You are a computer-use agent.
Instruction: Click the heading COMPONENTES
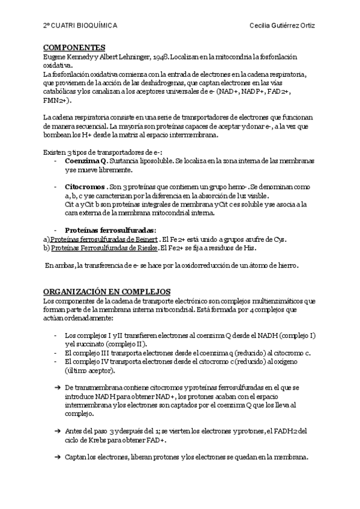(74, 47)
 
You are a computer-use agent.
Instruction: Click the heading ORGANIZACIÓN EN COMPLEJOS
(107, 291)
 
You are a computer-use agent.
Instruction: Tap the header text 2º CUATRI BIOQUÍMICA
(80, 26)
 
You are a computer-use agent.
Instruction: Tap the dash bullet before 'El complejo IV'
(55, 362)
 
